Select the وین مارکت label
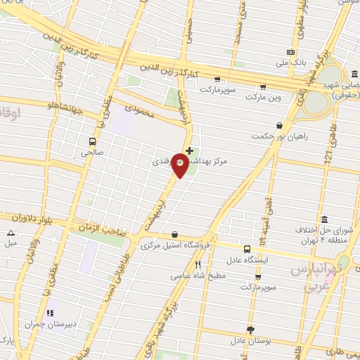click(x=264, y=98)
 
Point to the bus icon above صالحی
click(x=92, y=140)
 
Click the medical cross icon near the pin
click(x=190, y=150)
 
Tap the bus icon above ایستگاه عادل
click(x=247, y=249)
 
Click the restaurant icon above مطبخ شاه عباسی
click(x=198, y=265)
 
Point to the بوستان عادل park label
click(x=250, y=341)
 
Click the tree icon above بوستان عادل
click(x=250, y=330)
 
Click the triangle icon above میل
click(x=11, y=233)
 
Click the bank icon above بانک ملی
click(x=290, y=52)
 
